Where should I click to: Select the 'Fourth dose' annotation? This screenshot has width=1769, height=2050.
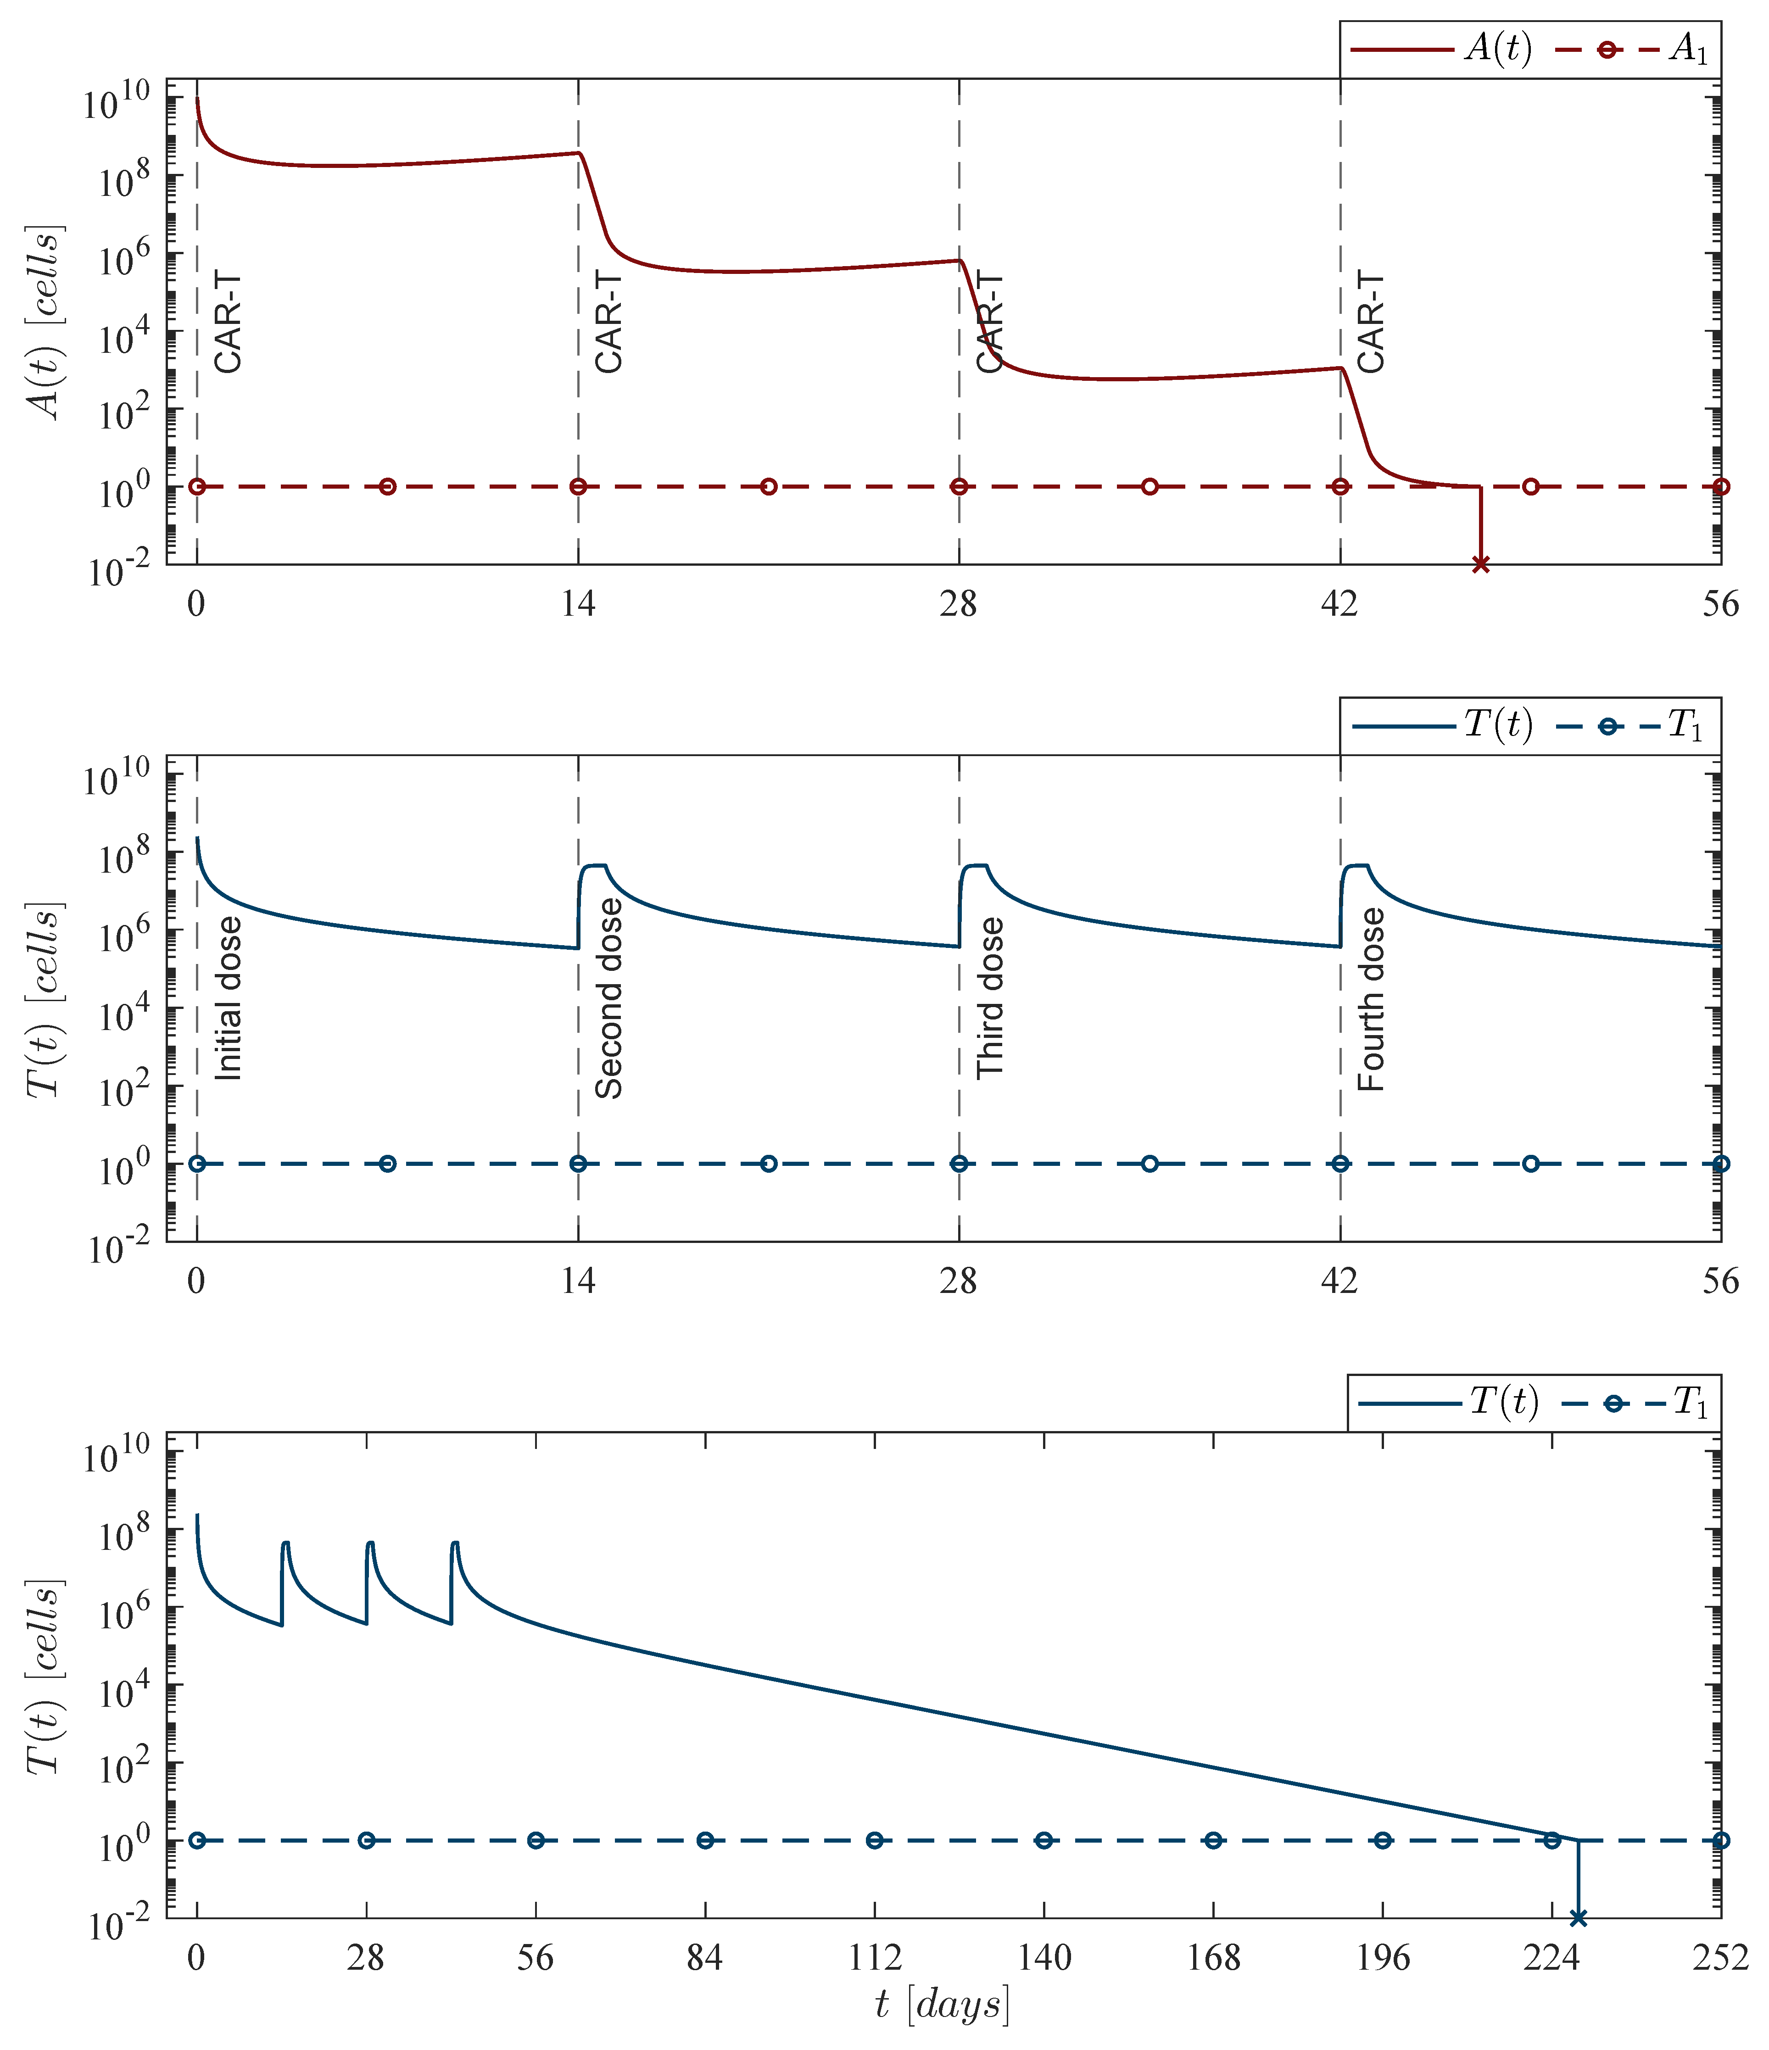coord(1371,999)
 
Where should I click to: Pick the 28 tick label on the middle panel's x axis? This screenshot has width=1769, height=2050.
coord(959,1280)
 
